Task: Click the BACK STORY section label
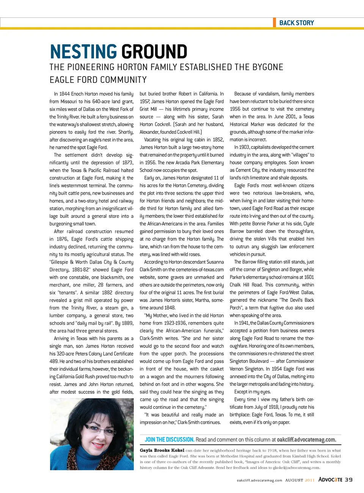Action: [x=297, y=23]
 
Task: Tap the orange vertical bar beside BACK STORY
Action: [x=275, y=22]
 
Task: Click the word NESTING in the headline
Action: [x=83, y=52]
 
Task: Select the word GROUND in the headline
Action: [x=154, y=52]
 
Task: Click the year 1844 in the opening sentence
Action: [x=64, y=94]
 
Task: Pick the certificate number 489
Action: [x=53, y=361]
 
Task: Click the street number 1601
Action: [x=309, y=277]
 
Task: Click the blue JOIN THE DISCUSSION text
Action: [x=169, y=440]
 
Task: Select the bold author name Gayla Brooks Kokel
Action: [x=162, y=450]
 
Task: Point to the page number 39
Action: [x=348, y=480]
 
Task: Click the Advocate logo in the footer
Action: [x=330, y=480]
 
